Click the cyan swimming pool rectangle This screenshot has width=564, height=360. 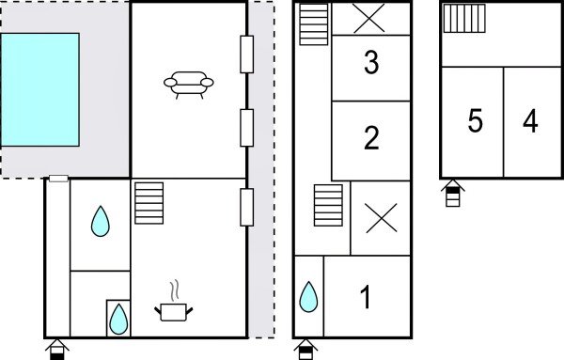tap(39, 89)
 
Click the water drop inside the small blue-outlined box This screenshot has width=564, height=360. tap(117, 319)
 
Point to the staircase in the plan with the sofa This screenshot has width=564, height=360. tap(149, 203)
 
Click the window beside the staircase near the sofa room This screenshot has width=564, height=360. tap(248, 207)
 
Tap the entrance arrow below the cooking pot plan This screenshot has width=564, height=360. tap(56, 350)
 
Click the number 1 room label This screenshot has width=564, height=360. tap(366, 299)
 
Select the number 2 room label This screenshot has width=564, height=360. tap(371, 139)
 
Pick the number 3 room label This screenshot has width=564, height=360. tap(371, 64)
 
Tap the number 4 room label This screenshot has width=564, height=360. tap(531, 122)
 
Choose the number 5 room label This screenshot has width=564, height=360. tap(475, 122)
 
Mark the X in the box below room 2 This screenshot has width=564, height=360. tap(380, 218)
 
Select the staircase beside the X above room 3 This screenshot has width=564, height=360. tap(314, 23)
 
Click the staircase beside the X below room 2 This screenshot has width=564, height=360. tap(328, 206)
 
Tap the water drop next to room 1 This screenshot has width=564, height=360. tap(307, 297)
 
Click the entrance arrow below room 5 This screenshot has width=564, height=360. tap(453, 194)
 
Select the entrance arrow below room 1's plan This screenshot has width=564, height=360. tap(305, 350)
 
